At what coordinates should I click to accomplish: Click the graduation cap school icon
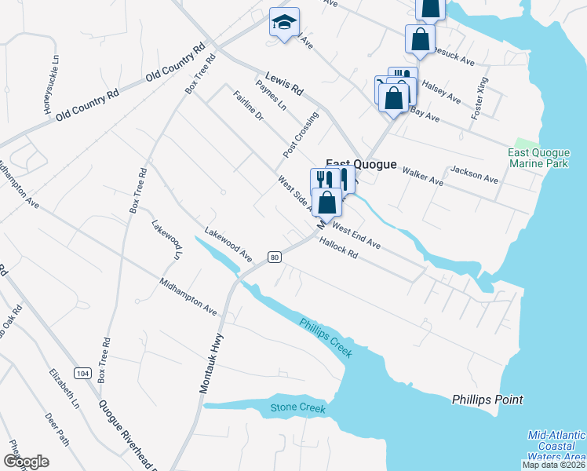click(x=284, y=23)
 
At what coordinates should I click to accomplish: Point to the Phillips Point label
click(x=487, y=400)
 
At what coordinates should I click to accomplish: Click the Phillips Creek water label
click(x=325, y=336)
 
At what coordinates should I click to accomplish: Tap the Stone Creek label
click(x=297, y=407)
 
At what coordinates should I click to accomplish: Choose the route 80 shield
click(x=274, y=257)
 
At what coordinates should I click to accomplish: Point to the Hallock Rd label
click(x=338, y=249)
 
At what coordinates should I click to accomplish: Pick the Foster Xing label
click(x=479, y=97)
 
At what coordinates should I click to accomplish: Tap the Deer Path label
click(x=57, y=429)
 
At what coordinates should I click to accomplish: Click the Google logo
click(x=27, y=462)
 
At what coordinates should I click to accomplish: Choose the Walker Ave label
click(x=423, y=174)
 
